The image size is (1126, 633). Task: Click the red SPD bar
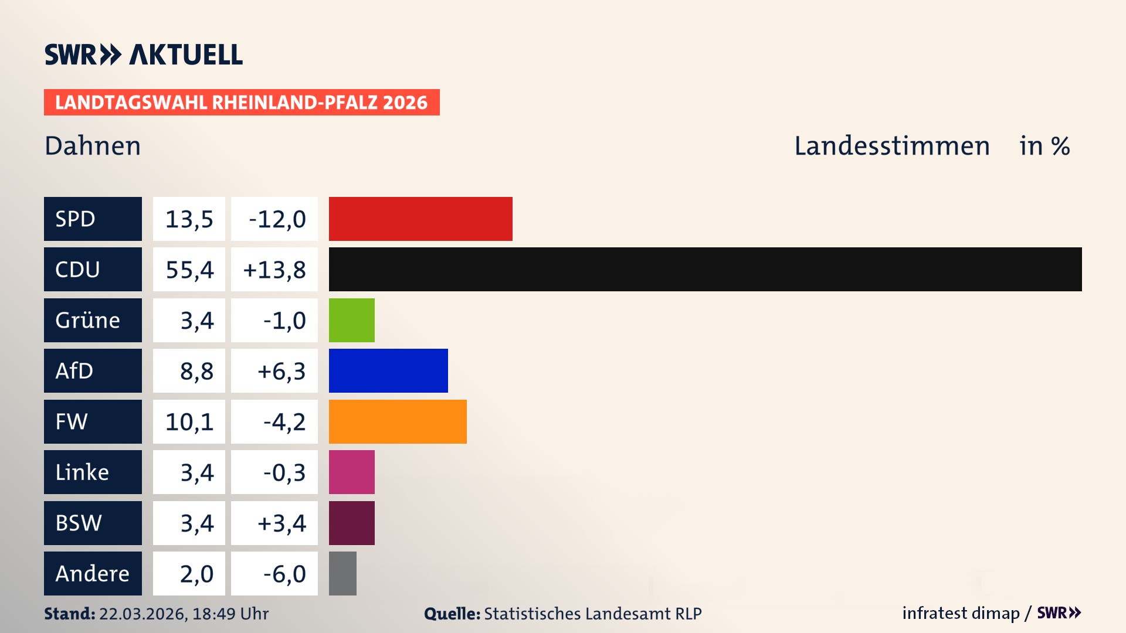[420, 219]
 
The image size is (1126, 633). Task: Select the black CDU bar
[705, 269]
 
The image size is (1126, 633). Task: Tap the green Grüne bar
[351, 320]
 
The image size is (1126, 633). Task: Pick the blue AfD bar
[388, 370]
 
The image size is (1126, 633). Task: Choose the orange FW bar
[398, 421]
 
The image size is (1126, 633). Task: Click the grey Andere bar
[342, 573]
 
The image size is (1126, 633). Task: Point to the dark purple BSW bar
[351, 523]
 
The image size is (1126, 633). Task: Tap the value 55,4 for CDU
[189, 270]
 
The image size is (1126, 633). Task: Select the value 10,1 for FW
[189, 421]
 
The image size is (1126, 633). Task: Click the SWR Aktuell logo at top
[143, 55]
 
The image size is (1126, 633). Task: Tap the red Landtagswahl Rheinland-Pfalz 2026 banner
[242, 103]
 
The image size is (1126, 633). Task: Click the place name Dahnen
[93, 146]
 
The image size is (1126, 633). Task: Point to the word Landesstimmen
[891, 146]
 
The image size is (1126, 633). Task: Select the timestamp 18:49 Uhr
[230, 614]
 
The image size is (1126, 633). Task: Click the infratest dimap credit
[961, 613]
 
